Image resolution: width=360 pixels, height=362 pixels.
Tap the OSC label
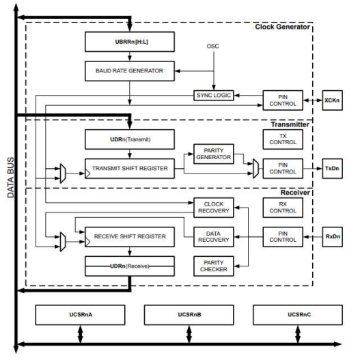(213, 46)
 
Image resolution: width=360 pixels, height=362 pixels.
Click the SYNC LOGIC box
(213, 95)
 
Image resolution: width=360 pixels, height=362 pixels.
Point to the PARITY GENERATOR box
(214, 154)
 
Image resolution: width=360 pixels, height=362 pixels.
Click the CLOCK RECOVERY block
(214, 206)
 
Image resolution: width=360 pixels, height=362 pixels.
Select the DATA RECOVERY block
(214, 236)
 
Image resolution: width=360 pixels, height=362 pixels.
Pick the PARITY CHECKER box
(214, 266)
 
